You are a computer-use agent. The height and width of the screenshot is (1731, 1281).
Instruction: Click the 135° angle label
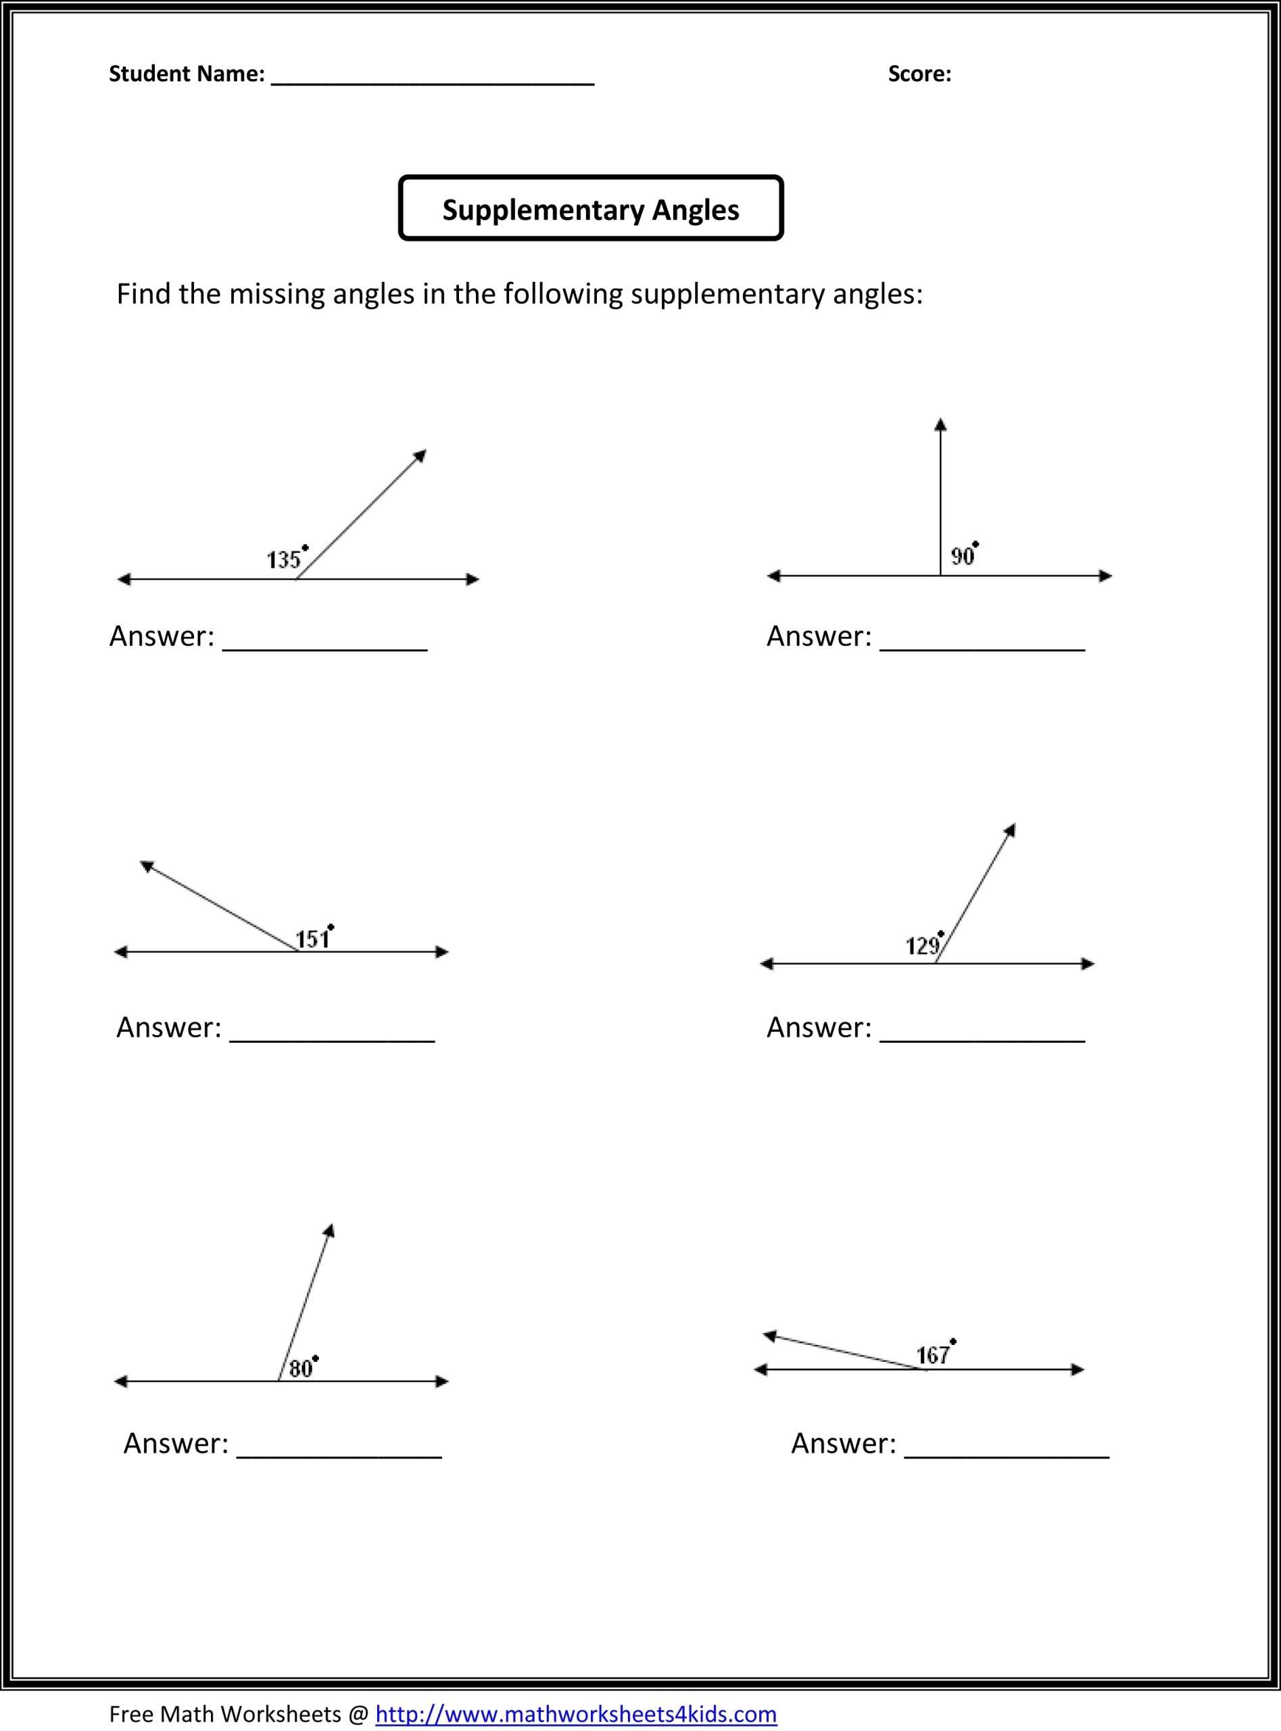tap(285, 559)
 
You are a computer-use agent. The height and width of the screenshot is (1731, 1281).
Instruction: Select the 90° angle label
tap(964, 555)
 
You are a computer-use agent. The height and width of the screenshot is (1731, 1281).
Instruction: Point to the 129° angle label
tap(923, 945)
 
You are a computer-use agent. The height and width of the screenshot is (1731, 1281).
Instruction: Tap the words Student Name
tap(186, 74)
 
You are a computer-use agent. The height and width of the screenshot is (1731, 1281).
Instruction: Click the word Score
tap(919, 74)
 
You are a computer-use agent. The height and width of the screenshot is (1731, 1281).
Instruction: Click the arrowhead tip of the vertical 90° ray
tap(940, 423)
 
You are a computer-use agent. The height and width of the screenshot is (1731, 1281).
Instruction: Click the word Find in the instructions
tap(143, 294)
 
